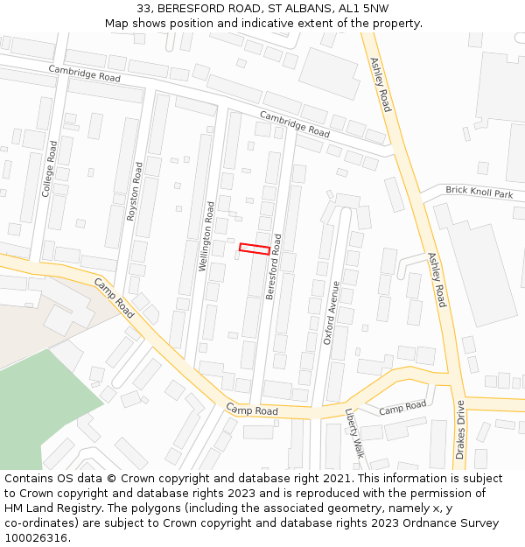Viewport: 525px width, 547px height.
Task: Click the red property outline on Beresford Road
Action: tap(255, 249)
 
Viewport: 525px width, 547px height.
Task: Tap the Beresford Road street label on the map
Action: tap(274, 267)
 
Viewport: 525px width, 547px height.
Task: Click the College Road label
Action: tap(51, 168)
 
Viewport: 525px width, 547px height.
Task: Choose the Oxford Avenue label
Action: tap(332, 312)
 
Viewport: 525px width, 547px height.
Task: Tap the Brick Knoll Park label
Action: tap(479, 193)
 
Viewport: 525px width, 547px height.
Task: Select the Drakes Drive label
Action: tap(460, 430)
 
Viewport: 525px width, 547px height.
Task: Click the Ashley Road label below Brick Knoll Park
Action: tap(437, 280)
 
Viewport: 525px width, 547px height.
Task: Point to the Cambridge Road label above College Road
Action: tap(84, 76)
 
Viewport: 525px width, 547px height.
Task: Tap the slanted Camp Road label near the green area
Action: tap(115, 298)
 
